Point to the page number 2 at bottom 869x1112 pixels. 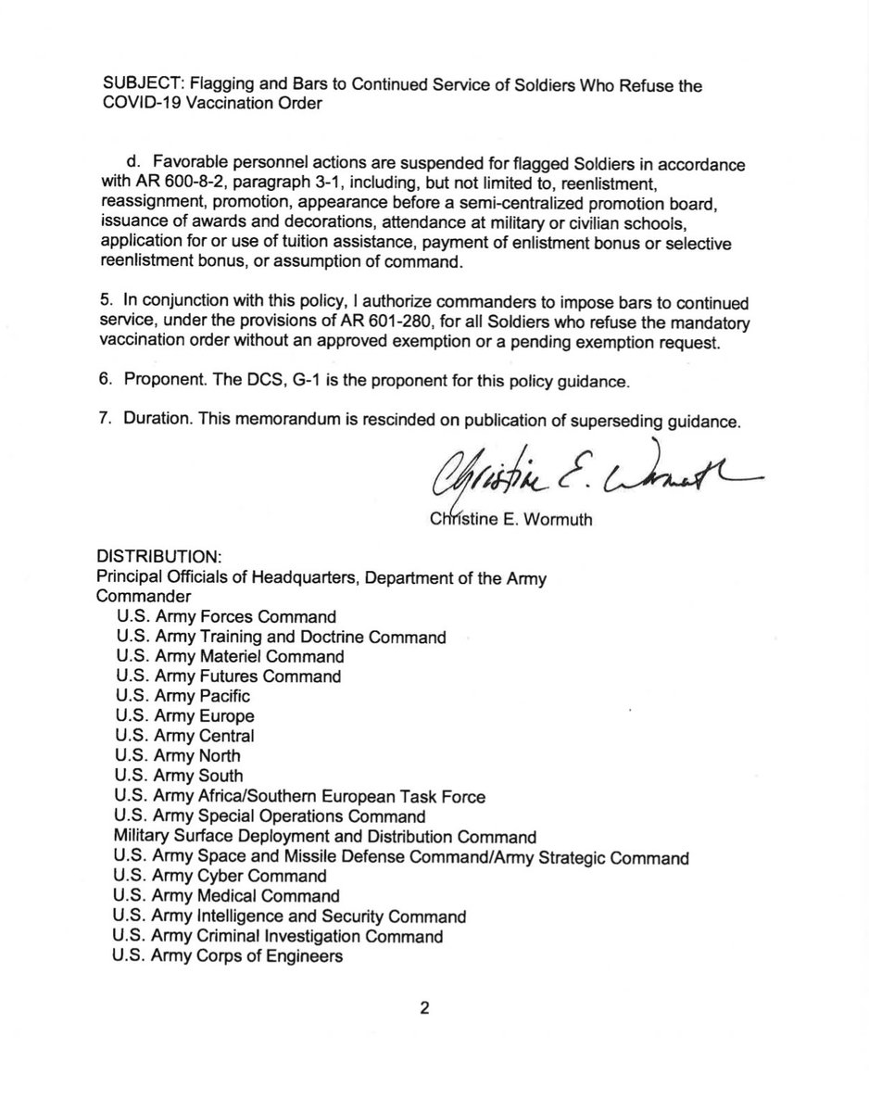[x=424, y=1008]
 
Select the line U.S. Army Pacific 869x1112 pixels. [x=183, y=695]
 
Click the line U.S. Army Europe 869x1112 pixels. [x=185, y=715]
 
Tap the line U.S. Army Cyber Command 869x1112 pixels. [x=220, y=875]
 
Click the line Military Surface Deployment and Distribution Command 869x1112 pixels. [x=324, y=835]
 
